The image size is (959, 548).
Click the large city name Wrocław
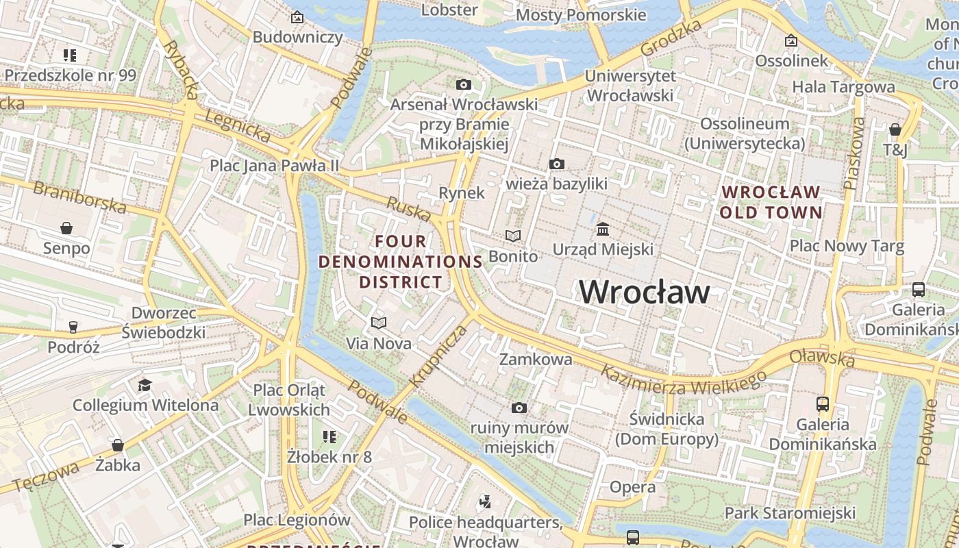(x=644, y=292)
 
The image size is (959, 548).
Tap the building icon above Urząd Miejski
(x=603, y=229)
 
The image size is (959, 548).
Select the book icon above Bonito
(x=513, y=236)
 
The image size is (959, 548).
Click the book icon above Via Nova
(x=379, y=323)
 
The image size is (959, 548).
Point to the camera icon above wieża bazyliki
(x=557, y=164)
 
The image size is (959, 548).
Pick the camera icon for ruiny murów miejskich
(x=519, y=408)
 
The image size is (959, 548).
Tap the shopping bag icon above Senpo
(x=66, y=227)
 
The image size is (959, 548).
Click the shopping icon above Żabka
(x=118, y=445)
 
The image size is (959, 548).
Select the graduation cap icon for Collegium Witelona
(x=145, y=385)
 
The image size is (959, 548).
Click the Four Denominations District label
(x=401, y=262)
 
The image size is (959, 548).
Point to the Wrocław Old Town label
(x=771, y=202)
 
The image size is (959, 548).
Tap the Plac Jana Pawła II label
(x=274, y=166)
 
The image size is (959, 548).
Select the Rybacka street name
(x=181, y=64)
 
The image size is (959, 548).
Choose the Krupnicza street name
(x=438, y=356)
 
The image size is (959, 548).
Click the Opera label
(x=632, y=487)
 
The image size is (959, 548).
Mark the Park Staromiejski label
(x=790, y=513)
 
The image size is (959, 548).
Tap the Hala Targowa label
(x=843, y=87)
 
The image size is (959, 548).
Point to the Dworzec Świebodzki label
(x=163, y=323)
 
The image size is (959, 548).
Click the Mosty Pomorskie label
(x=581, y=15)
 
